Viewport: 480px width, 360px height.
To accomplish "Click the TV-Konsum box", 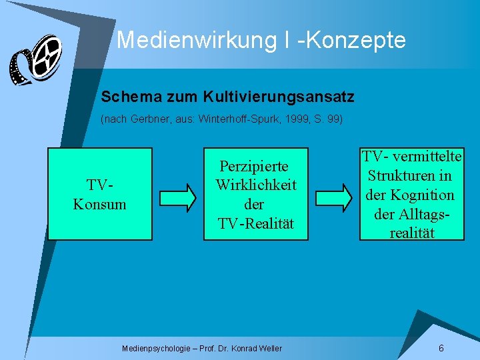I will [100, 193].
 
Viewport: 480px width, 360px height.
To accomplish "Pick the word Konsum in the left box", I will [99, 204].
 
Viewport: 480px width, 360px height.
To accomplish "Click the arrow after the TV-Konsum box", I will [178, 196].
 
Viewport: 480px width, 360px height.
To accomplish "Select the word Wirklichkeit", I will [256, 185].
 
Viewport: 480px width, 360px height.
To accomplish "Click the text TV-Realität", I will [255, 223].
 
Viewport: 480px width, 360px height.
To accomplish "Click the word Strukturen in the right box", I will [410, 176].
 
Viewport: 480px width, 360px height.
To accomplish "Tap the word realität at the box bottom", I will [411, 233].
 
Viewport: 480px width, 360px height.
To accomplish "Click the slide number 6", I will [441, 348].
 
